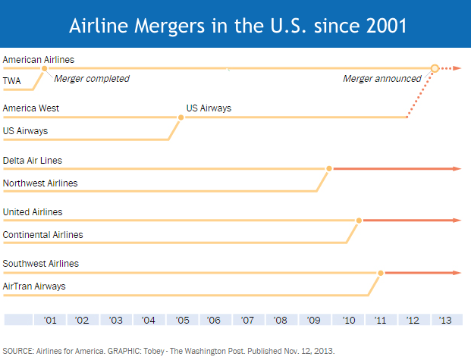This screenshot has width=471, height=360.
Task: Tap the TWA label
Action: (12, 80)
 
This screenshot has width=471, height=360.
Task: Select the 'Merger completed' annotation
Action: (92, 79)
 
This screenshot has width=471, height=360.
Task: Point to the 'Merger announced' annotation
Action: (382, 79)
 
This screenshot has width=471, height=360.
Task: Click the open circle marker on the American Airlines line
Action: (435, 69)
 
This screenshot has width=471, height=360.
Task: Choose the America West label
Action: (31, 108)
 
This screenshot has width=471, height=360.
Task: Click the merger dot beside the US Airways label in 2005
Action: (181, 117)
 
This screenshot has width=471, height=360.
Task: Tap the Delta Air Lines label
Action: (33, 160)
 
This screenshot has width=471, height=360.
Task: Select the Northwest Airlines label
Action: (40, 183)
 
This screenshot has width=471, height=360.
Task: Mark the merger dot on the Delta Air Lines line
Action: (329, 168)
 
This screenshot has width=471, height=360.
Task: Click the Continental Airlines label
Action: (43, 235)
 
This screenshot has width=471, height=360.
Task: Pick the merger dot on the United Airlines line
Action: (358, 220)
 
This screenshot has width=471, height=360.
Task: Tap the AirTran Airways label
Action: (34, 286)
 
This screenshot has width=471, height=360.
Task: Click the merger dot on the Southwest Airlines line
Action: (381, 272)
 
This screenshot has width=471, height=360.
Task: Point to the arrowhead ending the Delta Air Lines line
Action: (457, 168)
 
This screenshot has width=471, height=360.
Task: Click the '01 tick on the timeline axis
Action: (51, 321)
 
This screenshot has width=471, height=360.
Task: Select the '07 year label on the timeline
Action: (247, 321)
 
